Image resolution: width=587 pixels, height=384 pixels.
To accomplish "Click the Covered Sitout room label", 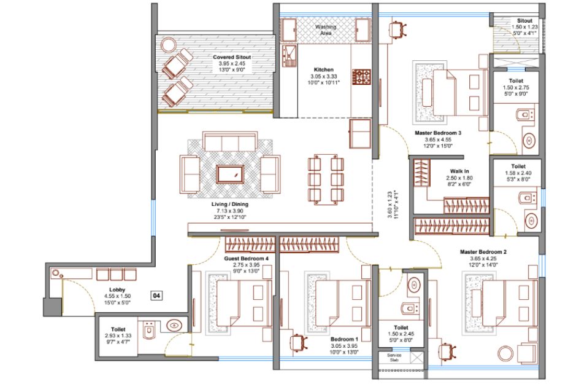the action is click(x=232, y=57).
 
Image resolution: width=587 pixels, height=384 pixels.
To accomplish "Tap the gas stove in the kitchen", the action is click(x=361, y=77).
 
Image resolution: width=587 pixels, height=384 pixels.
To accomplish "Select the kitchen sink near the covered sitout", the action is click(x=290, y=56).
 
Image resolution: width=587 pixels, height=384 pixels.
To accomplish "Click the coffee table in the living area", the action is click(x=230, y=174).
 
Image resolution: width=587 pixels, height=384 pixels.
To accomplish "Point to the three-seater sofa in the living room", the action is click(x=230, y=141).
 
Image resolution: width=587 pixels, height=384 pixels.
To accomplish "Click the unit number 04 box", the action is click(x=157, y=296).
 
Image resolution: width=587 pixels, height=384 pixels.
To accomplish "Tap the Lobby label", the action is click(x=117, y=289).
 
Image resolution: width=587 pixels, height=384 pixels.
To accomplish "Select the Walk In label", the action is click(x=459, y=171).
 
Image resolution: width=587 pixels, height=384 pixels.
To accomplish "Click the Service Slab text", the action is click(x=394, y=358).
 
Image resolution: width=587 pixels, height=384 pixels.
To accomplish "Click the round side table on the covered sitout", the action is click(x=169, y=45).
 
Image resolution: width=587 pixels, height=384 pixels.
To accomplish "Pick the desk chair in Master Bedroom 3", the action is click(x=397, y=29).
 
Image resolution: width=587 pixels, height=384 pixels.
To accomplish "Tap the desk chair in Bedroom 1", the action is click(x=299, y=342).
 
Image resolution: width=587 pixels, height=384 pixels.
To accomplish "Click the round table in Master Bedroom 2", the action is click(x=505, y=354).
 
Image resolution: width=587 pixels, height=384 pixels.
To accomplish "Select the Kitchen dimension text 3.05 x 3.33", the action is click(x=324, y=76).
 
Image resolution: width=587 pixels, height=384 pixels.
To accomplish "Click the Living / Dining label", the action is click(x=230, y=205).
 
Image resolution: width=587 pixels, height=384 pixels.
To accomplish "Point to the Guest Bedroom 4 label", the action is click(x=247, y=259).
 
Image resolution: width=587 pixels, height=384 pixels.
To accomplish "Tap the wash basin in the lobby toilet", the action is click(x=174, y=326).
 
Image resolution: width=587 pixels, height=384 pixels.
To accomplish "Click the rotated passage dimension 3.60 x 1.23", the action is click(x=389, y=205).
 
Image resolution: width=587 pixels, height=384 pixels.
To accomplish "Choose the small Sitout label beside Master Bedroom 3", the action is click(x=524, y=21).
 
